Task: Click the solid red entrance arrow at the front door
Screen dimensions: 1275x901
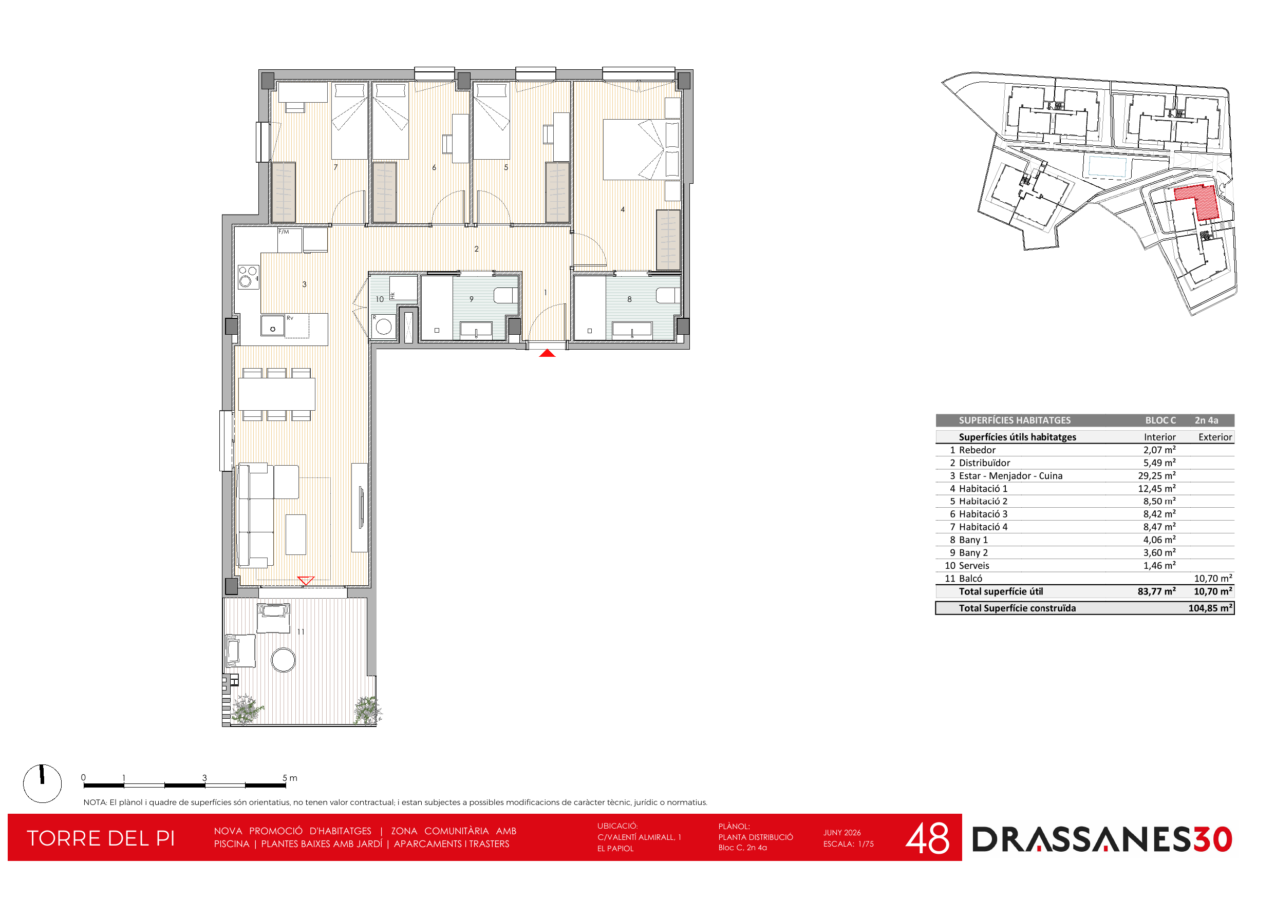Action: [547, 353]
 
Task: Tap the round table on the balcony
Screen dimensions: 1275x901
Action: [283, 660]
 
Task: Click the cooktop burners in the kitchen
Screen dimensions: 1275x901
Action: [248, 277]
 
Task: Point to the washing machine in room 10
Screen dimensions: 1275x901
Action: [383, 327]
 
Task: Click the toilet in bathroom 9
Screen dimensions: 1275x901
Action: [506, 295]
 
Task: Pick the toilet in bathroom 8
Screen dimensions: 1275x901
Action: [668, 295]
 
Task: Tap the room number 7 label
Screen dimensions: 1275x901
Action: [335, 167]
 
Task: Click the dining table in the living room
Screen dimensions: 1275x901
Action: [276, 394]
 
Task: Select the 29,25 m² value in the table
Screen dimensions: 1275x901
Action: [1157, 476]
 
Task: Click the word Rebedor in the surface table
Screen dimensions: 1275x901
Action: [978, 450]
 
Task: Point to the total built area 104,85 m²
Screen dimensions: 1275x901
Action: [1210, 608]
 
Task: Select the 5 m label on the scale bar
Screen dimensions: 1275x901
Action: [290, 778]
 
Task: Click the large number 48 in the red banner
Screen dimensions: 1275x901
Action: [927, 838]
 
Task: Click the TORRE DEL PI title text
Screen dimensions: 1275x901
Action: [101, 838]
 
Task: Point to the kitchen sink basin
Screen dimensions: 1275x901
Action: [273, 326]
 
